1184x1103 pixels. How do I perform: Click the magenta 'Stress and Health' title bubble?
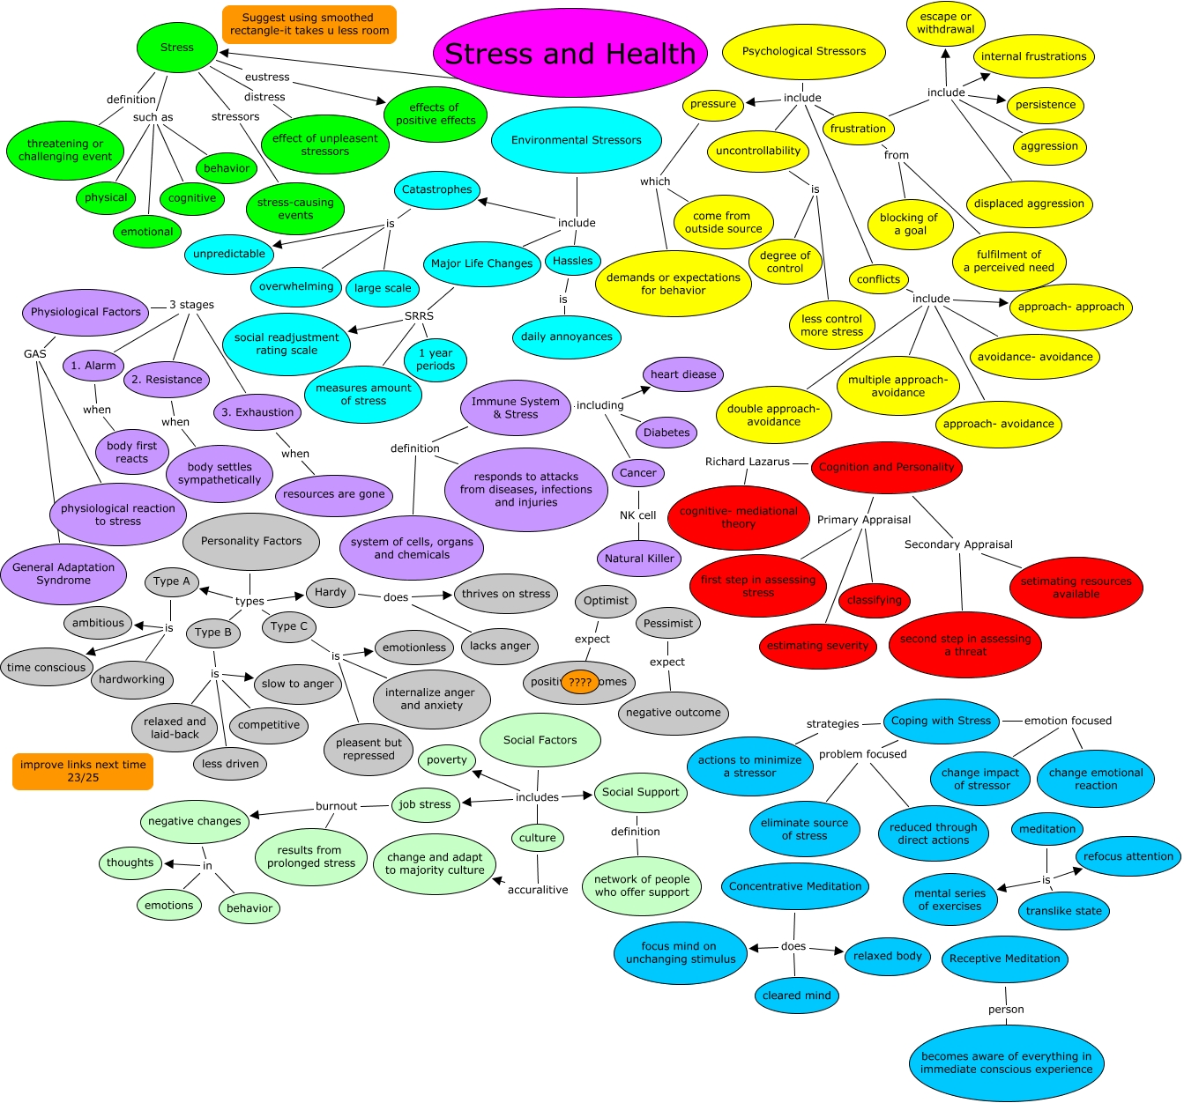pyautogui.click(x=570, y=54)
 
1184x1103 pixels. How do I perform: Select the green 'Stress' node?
pyautogui.click(x=177, y=48)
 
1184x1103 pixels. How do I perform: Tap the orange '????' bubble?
pyautogui.click(x=580, y=682)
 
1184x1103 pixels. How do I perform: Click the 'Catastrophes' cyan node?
pyautogui.click(x=437, y=189)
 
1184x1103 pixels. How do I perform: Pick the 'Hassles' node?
pyautogui.click(x=573, y=261)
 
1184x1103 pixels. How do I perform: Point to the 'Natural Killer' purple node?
pyautogui.click(x=640, y=558)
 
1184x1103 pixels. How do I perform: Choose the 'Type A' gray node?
pyautogui.click(x=172, y=581)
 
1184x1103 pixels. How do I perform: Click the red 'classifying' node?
pyautogui.click(x=875, y=601)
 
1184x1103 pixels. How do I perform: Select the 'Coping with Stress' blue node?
pyautogui.click(x=941, y=721)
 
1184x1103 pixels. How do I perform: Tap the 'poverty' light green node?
pyautogui.click(x=447, y=760)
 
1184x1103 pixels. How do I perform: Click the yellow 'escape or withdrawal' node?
pyautogui.click(x=946, y=23)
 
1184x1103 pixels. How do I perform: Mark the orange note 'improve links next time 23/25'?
pyautogui.click(x=83, y=771)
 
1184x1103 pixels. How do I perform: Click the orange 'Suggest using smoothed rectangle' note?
pyautogui.click(x=309, y=24)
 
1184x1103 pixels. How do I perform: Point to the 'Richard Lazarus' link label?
pyautogui.click(x=748, y=462)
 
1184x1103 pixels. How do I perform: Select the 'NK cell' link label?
pyautogui.click(x=638, y=515)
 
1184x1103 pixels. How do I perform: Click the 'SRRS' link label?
pyautogui.click(x=420, y=315)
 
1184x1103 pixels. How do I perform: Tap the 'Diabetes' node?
pyautogui.click(x=666, y=433)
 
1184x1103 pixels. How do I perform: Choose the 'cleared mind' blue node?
pyautogui.click(x=797, y=996)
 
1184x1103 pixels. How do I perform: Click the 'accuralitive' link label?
pyautogui.click(x=538, y=890)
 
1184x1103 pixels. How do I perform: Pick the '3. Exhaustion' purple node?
pyautogui.click(x=258, y=412)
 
